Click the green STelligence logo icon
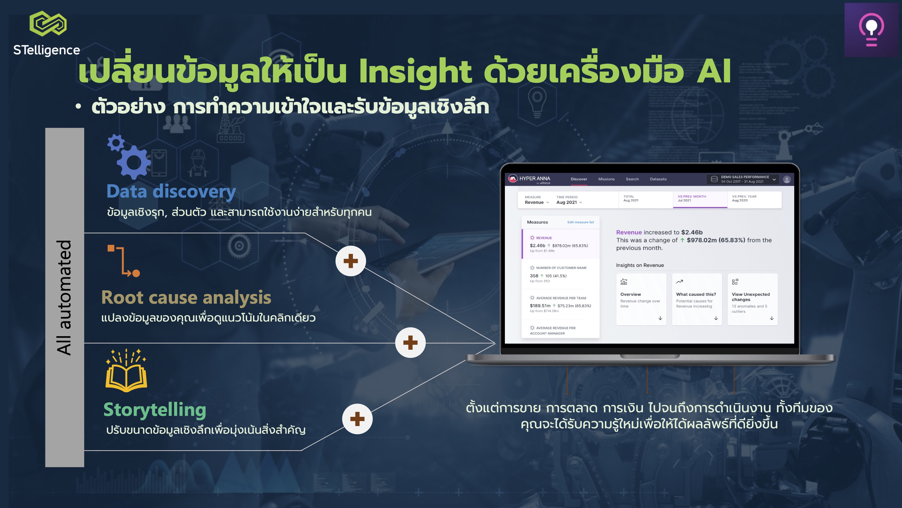click(48, 23)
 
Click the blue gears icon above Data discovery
click(129, 156)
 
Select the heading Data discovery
click(171, 192)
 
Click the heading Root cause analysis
click(186, 297)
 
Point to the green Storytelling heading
click(155, 410)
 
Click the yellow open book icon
click(127, 370)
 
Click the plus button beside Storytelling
click(357, 419)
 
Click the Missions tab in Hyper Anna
click(606, 179)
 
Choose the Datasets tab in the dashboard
click(658, 179)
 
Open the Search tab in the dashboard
click(632, 179)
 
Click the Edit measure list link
click(581, 222)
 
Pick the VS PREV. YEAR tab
click(754, 199)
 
